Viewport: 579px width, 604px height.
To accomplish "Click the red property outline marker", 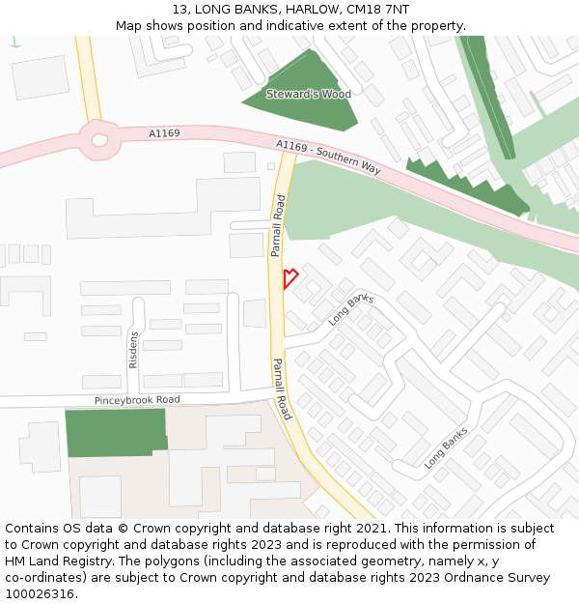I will pos(289,278).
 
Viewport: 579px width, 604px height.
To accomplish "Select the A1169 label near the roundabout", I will pos(164,133).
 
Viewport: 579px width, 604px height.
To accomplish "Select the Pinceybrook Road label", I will pos(137,399).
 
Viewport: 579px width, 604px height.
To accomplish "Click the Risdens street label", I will pos(133,349).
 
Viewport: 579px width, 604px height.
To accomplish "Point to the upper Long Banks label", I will pos(351,309).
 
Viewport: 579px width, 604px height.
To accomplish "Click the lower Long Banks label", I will pos(446,447).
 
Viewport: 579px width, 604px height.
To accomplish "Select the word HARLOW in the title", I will pos(308,10).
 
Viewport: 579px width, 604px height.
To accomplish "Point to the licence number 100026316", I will pos(40,594).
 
